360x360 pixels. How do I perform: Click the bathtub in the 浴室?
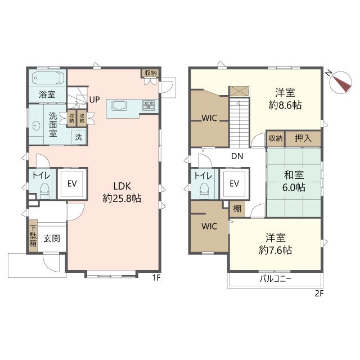[48, 78]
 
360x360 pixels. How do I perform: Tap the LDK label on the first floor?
[122, 186]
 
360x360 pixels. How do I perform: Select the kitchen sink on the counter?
[119, 106]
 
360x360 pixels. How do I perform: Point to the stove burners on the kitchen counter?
[148, 105]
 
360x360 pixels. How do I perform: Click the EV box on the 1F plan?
[72, 184]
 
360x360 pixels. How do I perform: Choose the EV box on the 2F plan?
[235, 184]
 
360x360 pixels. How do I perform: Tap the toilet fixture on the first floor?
[44, 191]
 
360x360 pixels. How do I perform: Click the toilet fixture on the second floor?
[205, 191]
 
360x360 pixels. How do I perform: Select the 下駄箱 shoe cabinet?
[33, 236]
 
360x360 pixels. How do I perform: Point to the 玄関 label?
[52, 238]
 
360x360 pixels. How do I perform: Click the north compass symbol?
[340, 82]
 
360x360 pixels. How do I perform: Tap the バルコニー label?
[276, 279]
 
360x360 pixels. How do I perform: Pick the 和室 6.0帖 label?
[294, 181]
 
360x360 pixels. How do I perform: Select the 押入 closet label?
[303, 138]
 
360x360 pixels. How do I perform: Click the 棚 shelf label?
[237, 209]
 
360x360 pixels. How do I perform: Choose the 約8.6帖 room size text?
[285, 105]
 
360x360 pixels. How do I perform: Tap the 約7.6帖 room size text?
[276, 250]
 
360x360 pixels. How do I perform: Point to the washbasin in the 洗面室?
[36, 125]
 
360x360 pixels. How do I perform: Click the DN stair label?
[237, 156]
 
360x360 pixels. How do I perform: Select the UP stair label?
[94, 100]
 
